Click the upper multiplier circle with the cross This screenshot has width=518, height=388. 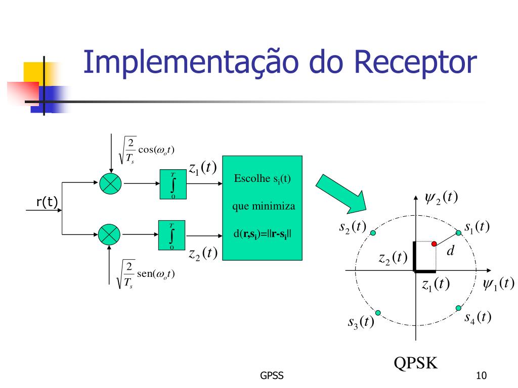tap(109, 183)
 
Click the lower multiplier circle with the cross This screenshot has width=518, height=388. tap(109, 234)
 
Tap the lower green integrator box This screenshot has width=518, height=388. tap(172, 235)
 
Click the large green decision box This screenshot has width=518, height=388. tap(262, 208)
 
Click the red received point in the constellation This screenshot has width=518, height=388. tap(434, 244)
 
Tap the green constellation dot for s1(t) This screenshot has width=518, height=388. tap(458, 232)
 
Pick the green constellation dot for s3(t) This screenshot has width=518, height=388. tap(378, 312)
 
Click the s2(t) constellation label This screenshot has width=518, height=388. tap(352, 227)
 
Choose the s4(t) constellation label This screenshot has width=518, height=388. tap(478, 318)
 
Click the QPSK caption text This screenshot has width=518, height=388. tap(416, 363)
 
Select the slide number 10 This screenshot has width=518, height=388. tap(481, 376)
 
